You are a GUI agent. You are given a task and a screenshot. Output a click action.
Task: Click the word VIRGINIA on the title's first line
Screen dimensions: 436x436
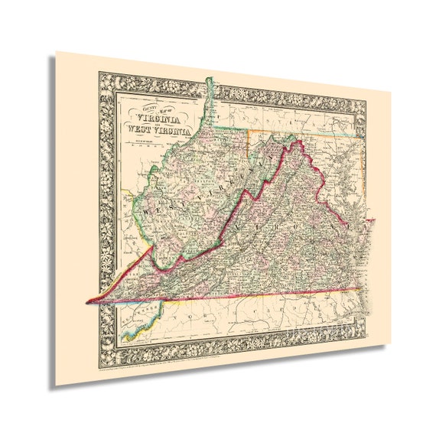click(159, 119)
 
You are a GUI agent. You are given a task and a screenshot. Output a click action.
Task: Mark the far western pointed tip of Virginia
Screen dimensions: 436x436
click(87, 301)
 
